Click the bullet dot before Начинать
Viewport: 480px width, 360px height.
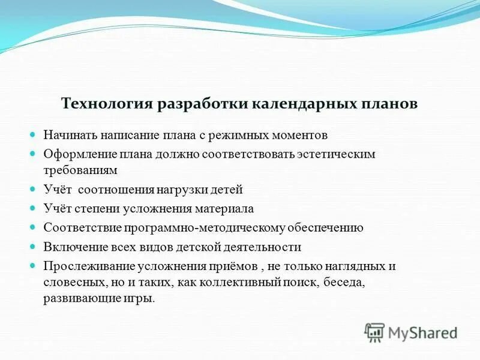pyautogui.click(x=34, y=135)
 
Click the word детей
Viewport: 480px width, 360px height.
pyautogui.click(x=227, y=190)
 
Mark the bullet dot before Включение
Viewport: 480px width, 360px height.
pyautogui.click(x=34, y=246)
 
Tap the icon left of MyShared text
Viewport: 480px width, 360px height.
pyautogui.click(x=375, y=332)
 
